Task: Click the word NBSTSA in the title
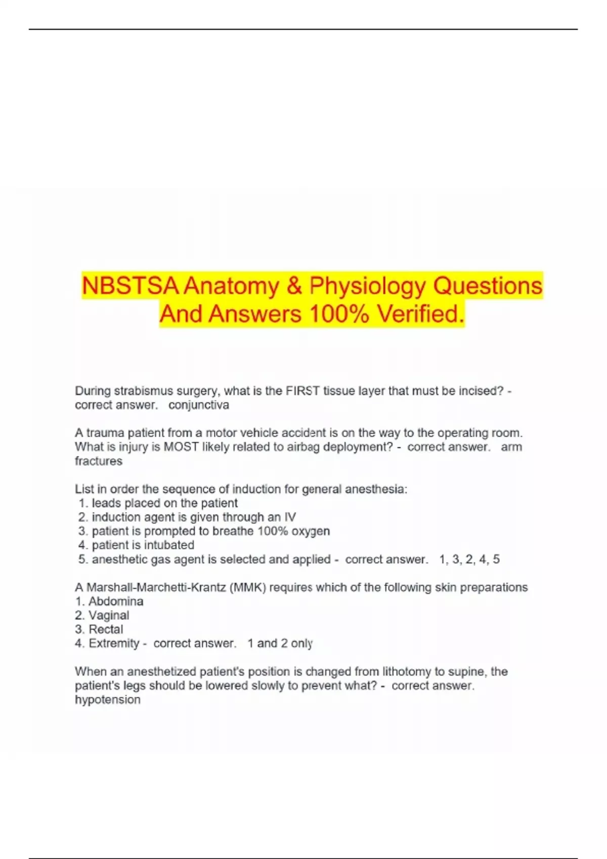pos(130,286)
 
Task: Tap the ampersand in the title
pos(294,286)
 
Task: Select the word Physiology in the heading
pos(368,286)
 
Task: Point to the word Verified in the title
pos(420,314)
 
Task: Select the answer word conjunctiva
pos(199,405)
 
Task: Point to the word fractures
pos(99,461)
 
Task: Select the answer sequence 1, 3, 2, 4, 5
pos(469,559)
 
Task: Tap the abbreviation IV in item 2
pos(290,517)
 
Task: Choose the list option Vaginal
pos(109,615)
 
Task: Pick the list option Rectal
pos(106,630)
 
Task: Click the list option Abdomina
pos(116,601)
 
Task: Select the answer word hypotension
pos(108,700)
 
